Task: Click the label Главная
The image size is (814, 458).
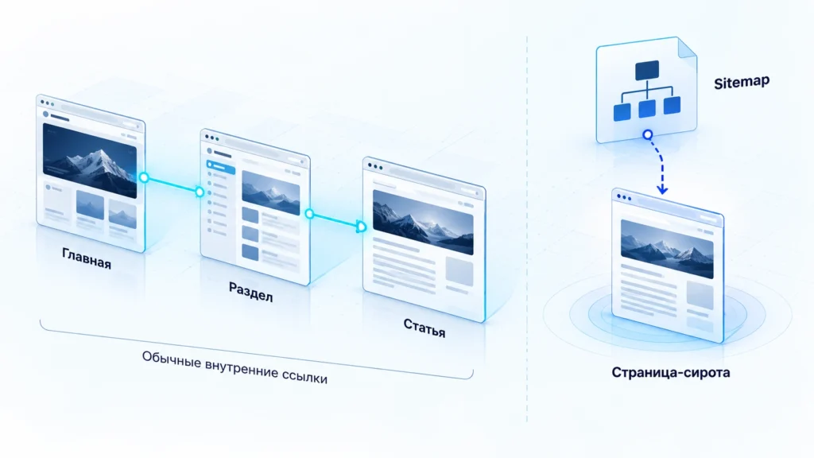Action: click(87, 258)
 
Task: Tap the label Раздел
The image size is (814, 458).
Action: click(250, 292)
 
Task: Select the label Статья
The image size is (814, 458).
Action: click(424, 327)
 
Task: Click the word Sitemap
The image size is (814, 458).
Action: click(742, 82)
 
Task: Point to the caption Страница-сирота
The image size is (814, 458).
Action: click(671, 372)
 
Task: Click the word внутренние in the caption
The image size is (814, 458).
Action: click(242, 367)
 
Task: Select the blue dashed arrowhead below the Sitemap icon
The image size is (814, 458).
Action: click(662, 189)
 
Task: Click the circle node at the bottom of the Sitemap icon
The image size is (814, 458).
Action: click(647, 135)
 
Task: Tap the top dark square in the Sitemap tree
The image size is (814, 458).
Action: click(647, 70)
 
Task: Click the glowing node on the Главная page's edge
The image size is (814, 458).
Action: click(144, 177)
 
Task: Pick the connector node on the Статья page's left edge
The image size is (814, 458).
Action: click(362, 227)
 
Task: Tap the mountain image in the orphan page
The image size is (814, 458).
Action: click(667, 249)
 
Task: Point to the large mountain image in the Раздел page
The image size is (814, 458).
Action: click(271, 192)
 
